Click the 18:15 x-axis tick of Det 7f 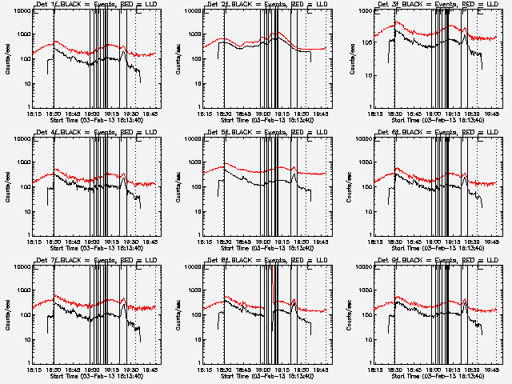[32, 370]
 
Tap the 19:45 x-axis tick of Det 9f [494, 370]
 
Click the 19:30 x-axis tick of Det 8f [303, 370]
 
